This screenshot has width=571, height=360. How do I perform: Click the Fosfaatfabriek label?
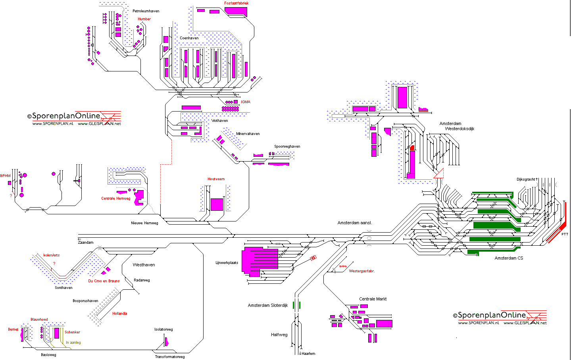click(236, 3)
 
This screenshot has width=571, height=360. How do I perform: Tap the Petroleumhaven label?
click(146, 11)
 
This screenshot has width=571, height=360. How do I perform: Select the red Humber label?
click(144, 19)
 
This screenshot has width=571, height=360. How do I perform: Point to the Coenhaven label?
click(189, 38)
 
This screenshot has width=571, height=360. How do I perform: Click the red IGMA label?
click(246, 102)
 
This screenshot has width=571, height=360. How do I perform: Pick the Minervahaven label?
click(248, 134)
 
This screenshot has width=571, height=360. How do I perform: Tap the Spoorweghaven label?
click(287, 146)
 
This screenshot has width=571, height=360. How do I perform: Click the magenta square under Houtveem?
click(217, 204)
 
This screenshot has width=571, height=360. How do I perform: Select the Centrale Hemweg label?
click(115, 198)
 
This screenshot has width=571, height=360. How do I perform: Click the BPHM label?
click(5, 176)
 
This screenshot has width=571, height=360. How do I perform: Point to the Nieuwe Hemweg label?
click(144, 223)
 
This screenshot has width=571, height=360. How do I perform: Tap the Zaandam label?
click(86, 242)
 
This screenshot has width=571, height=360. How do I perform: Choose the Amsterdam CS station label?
click(509, 258)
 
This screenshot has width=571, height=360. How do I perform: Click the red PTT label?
click(565, 234)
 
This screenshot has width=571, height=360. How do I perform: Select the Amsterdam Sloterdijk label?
click(267, 305)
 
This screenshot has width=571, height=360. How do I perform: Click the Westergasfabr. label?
click(361, 271)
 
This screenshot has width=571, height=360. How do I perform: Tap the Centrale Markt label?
click(373, 299)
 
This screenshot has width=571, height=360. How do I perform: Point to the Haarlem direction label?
click(308, 353)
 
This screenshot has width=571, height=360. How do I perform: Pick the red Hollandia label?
click(119, 314)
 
